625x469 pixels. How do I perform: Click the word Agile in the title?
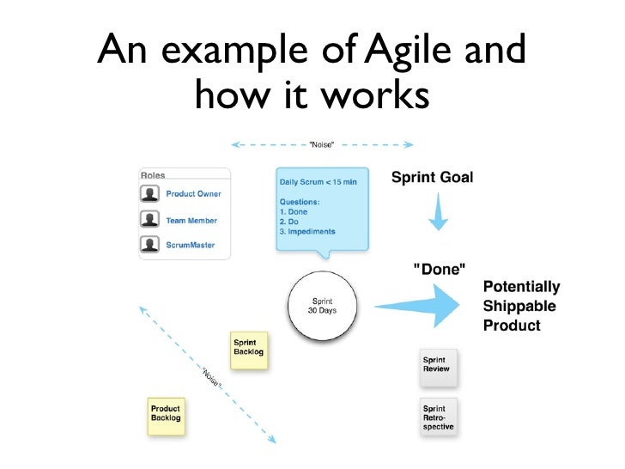[411, 51]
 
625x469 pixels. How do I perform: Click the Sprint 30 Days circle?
[322, 307]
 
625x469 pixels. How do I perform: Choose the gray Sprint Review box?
[438, 366]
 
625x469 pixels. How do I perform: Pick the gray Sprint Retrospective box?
[438, 417]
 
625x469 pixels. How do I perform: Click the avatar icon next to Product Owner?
[151, 194]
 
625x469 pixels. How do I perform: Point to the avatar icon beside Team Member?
[151, 220]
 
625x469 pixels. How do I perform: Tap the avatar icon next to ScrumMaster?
[151, 245]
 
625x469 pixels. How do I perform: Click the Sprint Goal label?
[432, 178]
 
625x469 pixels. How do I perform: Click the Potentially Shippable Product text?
[521, 307]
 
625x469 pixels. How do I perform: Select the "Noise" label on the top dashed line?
[321, 144]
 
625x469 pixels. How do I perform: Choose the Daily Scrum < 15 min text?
[318, 182]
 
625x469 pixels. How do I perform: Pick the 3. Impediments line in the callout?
[307, 232]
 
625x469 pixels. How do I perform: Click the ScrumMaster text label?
[191, 246]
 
